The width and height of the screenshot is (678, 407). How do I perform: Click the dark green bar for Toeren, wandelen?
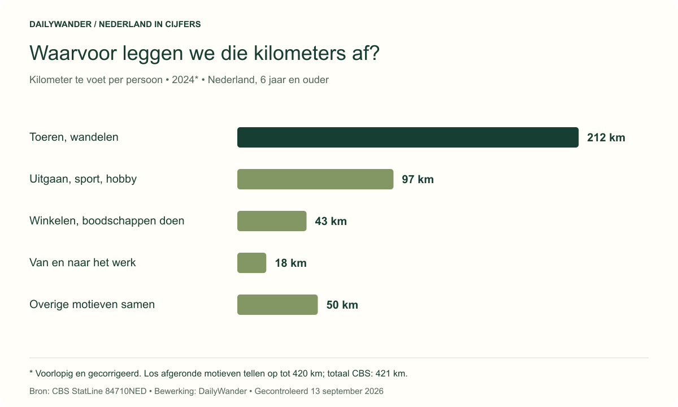pyautogui.click(x=408, y=137)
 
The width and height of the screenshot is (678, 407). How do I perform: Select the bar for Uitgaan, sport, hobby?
pyautogui.click(x=315, y=179)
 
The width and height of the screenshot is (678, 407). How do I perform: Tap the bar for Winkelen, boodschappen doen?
pyautogui.click(x=272, y=221)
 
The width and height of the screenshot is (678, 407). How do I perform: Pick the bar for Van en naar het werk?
pyautogui.click(x=252, y=263)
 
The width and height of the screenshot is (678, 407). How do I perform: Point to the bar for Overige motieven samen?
pyautogui.click(x=277, y=305)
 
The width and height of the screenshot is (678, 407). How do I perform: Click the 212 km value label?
pyautogui.click(x=606, y=138)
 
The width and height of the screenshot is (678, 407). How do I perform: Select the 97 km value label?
pyautogui.click(x=418, y=180)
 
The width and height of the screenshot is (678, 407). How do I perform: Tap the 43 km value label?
pyautogui.click(x=331, y=222)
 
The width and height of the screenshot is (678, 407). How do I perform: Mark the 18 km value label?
pyautogui.click(x=290, y=263)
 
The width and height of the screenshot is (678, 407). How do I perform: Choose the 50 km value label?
pyautogui.click(x=342, y=305)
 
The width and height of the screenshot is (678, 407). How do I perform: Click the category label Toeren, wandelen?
pyautogui.click(x=74, y=137)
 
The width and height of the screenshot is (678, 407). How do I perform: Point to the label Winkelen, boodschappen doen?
pyautogui.click(x=107, y=221)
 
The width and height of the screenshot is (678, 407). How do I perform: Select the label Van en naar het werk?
pyautogui.click(x=82, y=262)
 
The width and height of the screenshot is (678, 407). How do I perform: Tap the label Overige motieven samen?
pyautogui.click(x=92, y=305)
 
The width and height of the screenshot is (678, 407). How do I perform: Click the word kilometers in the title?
pyautogui.click(x=299, y=53)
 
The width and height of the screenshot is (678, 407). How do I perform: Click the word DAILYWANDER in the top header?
pyautogui.click(x=60, y=24)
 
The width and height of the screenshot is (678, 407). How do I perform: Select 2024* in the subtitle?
pyautogui.click(x=185, y=80)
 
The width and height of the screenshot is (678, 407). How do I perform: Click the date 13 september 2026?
pyautogui.click(x=347, y=391)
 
